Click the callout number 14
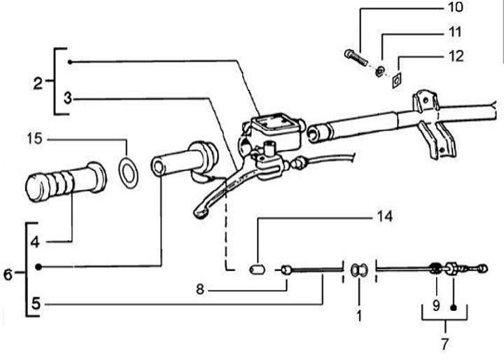coord(384,217)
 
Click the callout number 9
coord(436,305)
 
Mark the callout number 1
coord(359,315)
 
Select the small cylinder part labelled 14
coord(256,269)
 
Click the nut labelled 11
coord(378,70)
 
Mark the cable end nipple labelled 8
coord(286,269)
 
